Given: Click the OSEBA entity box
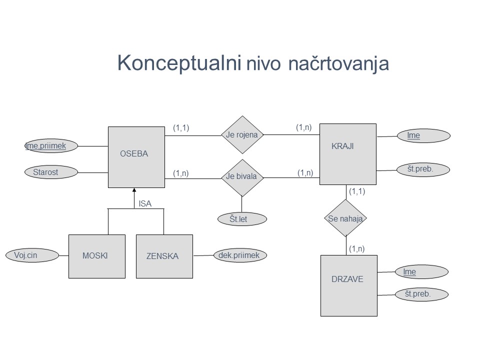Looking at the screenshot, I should pyautogui.click(x=136, y=157).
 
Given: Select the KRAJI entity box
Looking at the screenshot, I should pyautogui.click(x=347, y=153).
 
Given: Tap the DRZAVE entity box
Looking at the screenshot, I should pyautogui.click(x=348, y=285).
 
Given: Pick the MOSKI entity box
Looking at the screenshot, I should pyautogui.click(x=96, y=256).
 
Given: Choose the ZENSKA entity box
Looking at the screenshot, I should pyautogui.click(x=164, y=256).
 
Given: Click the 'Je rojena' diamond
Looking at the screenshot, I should pyautogui.click(x=242, y=134).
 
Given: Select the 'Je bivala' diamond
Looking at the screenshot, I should pyautogui.click(x=242, y=177).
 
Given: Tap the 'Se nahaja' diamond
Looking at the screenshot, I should pyautogui.click(x=345, y=218).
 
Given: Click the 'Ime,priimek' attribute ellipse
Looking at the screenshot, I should pyautogui.click(x=52, y=145).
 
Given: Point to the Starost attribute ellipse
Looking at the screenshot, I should pyautogui.click(x=51, y=172).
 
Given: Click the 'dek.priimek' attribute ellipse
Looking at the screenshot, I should pyautogui.click(x=239, y=255).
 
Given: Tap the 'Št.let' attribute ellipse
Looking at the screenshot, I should pyautogui.click(x=242, y=219).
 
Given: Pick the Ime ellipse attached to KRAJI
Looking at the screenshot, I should pyautogui.click(x=423, y=135).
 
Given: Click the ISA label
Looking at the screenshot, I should pyautogui.click(x=145, y=203).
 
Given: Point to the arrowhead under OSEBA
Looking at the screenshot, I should pyautogui.click(x=134, y=190).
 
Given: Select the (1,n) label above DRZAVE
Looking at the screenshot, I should pyautogui.click(x=357, y=248).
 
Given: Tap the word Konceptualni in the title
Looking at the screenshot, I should pyautogui.click(x=180, y=63).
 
